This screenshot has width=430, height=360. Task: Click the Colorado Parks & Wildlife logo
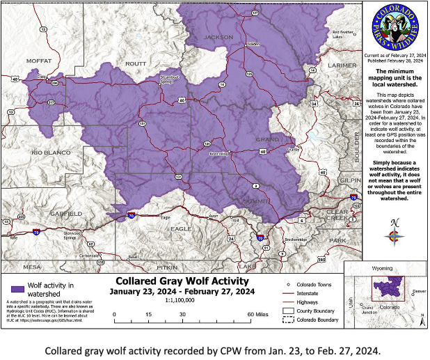[395, 30]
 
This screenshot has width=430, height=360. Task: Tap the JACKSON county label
[218, 37]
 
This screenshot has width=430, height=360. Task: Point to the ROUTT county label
[135, 63]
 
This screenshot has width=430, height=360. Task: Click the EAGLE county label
[181, 228]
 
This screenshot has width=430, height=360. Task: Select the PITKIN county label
[167, 267]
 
